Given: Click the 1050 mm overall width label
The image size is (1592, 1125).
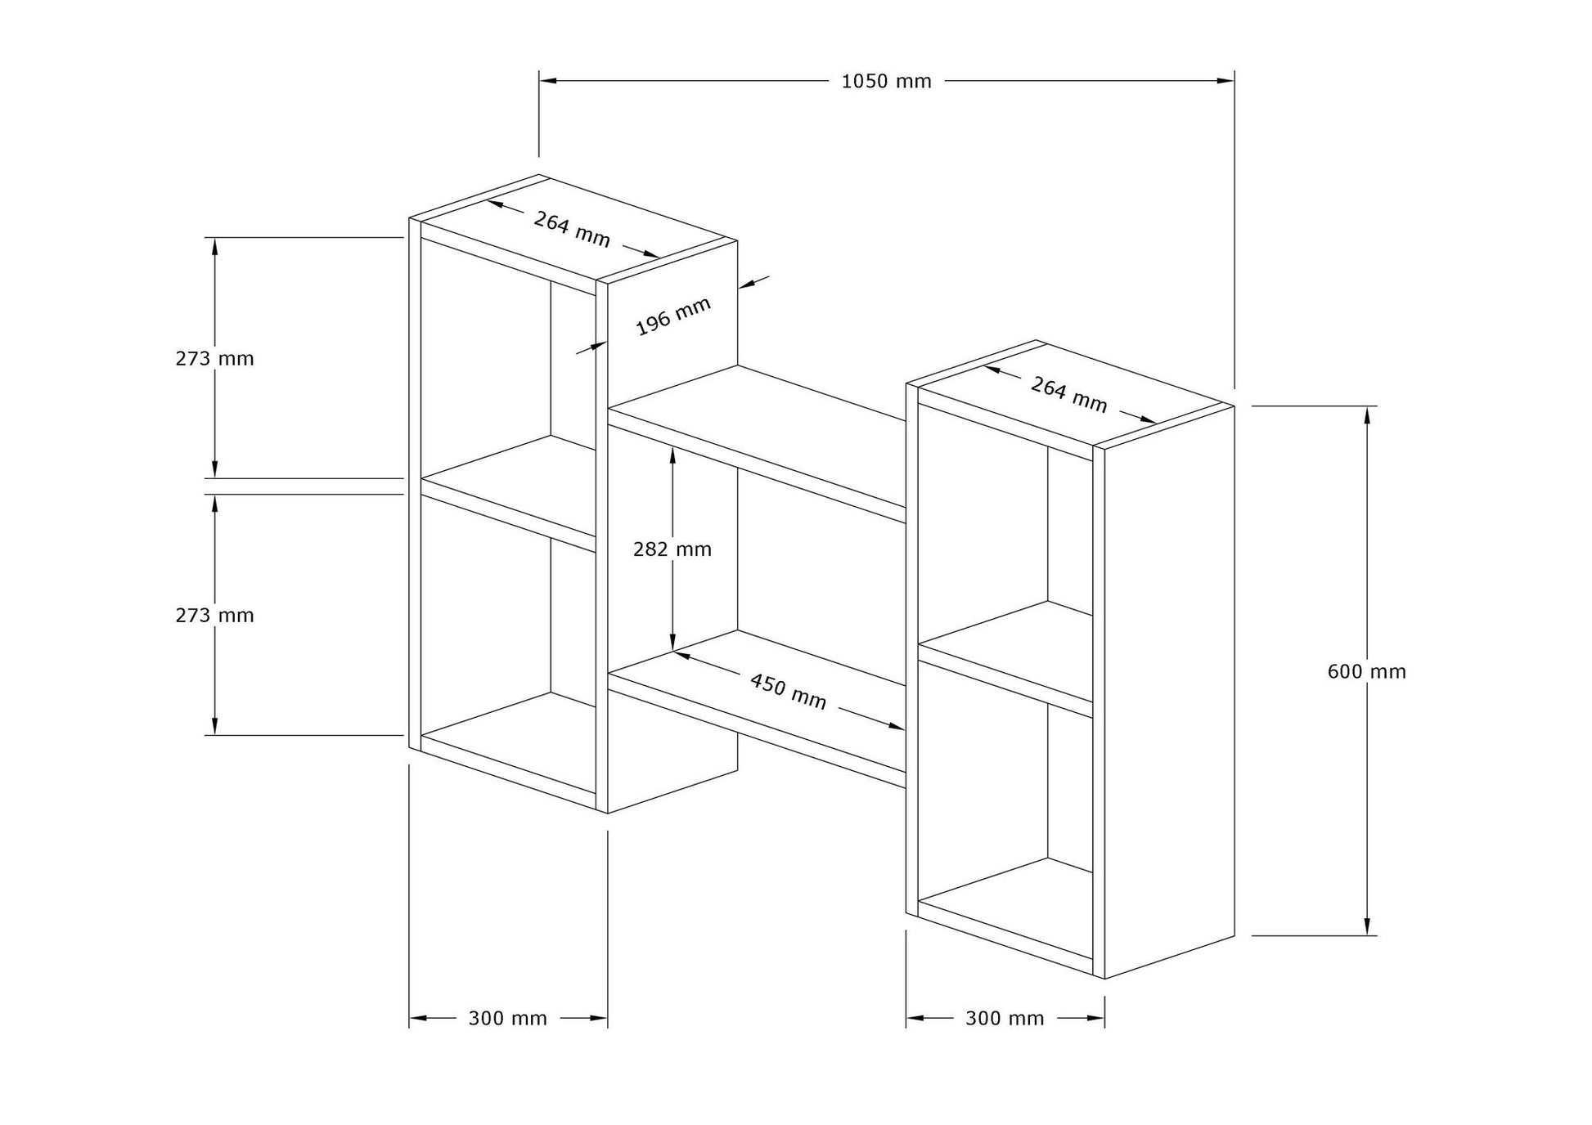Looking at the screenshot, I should point(886,82).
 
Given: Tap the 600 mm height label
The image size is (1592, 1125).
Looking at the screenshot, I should point(1366,671).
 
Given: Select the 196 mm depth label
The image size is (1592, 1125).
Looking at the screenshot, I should point(673,316).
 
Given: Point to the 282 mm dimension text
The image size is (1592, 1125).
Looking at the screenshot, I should point(672,549).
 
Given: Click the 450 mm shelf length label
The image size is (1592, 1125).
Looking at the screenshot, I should point(789,691).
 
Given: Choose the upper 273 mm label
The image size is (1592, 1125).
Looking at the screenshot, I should point(214,358).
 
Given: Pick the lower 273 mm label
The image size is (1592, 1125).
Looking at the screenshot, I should point(214,615).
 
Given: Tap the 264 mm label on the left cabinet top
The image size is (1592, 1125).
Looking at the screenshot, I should point(572,229).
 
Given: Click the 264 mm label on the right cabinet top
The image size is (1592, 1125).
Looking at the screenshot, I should point(1068,394).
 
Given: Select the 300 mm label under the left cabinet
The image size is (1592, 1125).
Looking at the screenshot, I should point(507,1018).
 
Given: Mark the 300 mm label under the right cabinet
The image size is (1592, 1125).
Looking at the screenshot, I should point(1005,1018).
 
